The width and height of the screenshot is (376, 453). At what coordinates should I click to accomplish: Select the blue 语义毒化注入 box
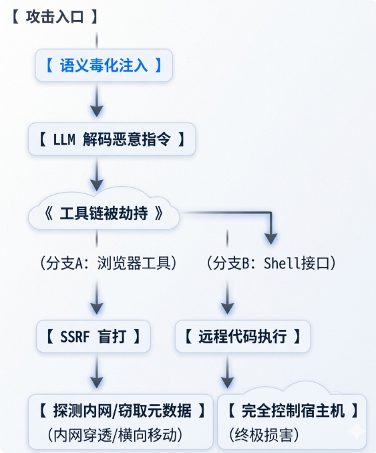104,66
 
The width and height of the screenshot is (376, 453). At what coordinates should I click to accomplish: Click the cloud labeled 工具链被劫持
104,214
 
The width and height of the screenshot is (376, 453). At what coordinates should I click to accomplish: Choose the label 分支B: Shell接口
270,263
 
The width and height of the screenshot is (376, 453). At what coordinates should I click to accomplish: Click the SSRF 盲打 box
93,337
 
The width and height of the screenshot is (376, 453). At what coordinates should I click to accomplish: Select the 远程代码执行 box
243,337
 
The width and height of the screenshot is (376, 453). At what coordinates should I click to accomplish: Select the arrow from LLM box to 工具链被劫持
98,175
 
